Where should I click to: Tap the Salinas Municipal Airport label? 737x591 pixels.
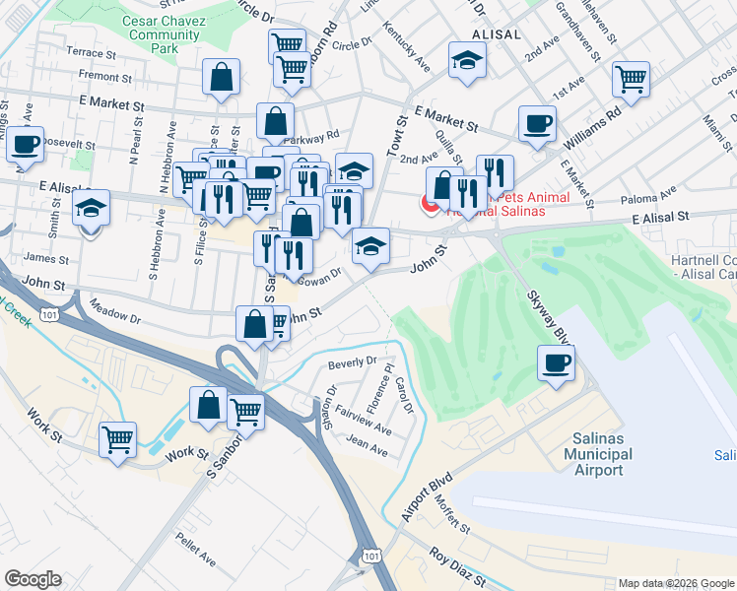tap(597, 454)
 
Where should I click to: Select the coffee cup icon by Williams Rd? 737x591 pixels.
tap(538, 124)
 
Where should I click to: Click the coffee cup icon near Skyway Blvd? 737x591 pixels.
tap(556, 362)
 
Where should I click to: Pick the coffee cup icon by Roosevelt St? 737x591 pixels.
tap(26, 143)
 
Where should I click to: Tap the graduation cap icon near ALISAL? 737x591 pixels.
tap(465, 60)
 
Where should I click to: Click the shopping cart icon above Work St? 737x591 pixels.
tap(118, 439)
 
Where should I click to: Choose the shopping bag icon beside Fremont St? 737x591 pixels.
tap(222, 77)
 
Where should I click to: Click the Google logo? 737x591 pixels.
tap(33, 579)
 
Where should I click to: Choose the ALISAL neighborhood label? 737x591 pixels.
tap(496, 33)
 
